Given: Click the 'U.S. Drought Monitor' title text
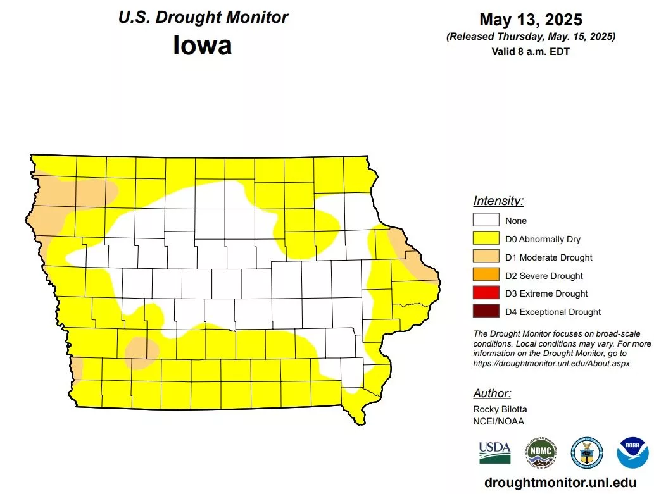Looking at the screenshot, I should (x=203, y=17).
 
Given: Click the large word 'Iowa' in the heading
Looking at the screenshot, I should (x=202, y=46).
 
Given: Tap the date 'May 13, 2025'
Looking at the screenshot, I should (x=530, y=20).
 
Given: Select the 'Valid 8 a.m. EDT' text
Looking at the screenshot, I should (x=530, y=52).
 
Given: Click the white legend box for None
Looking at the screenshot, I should (x=486, y=221).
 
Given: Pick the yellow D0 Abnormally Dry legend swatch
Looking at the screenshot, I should (x=486, y=239).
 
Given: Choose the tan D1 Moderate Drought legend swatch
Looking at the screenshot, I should (x=486, y=257).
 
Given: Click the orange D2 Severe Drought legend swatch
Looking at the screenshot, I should (x=486, y=276).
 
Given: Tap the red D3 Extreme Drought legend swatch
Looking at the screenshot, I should (x=486, y=293).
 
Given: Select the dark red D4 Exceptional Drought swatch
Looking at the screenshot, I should (x=486, y=312).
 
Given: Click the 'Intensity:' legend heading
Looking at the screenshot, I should (x=498, y=201).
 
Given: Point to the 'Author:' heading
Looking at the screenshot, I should (x=492, y=393).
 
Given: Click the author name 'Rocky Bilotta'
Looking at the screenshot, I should (x=500, y=409).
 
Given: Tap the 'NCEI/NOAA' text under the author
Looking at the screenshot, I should (x=498, y=421).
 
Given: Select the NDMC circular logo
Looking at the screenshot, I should (x=540, y=452).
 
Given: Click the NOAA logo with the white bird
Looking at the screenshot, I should (x=632, y=452).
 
